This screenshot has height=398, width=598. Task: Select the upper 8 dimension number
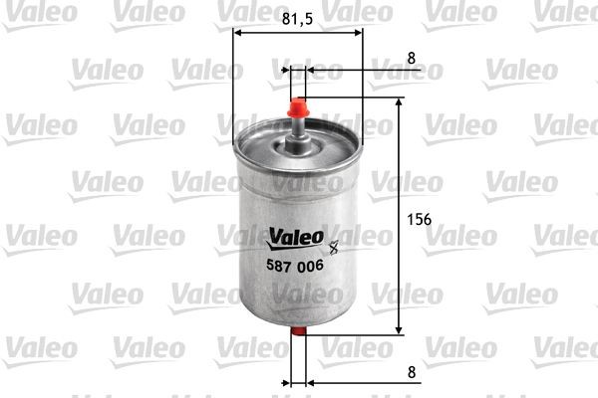click(412, 58)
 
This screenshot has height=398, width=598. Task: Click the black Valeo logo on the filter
click(293, 237)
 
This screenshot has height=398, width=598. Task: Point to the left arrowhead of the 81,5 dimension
click(238, 32)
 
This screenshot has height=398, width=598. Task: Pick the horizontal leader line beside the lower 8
click(369, 381)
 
